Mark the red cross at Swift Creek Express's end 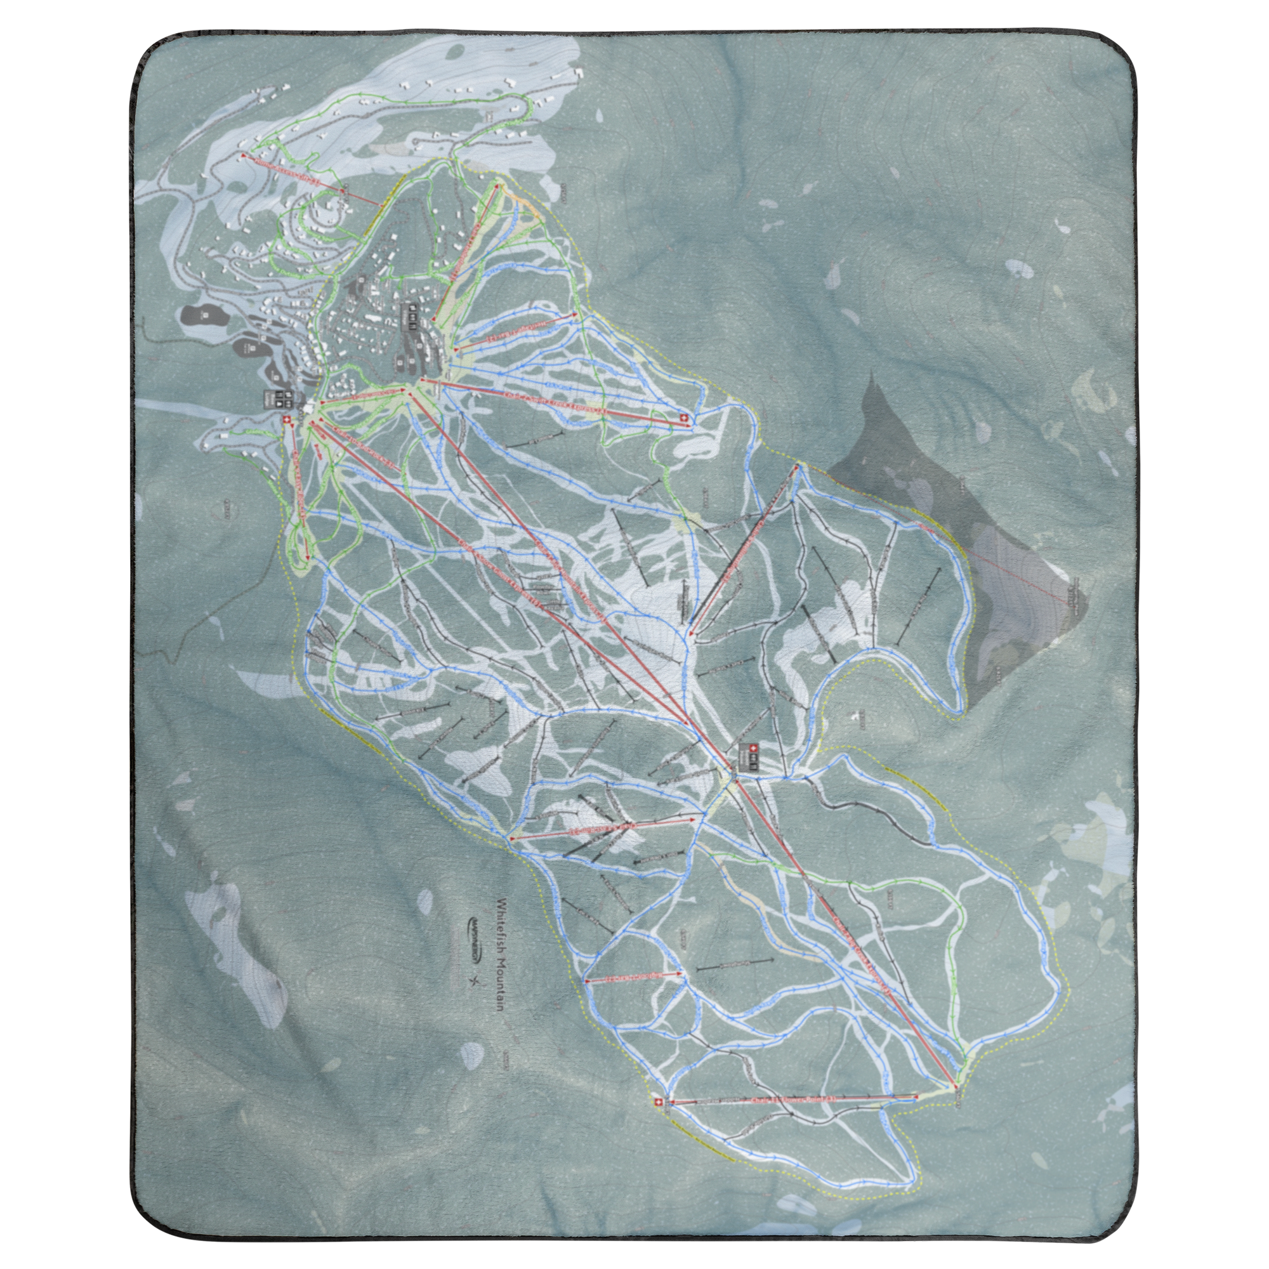pyautogui.click(x=683, y=418)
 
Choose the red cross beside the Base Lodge pyautogui.click(x=286, y=418)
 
